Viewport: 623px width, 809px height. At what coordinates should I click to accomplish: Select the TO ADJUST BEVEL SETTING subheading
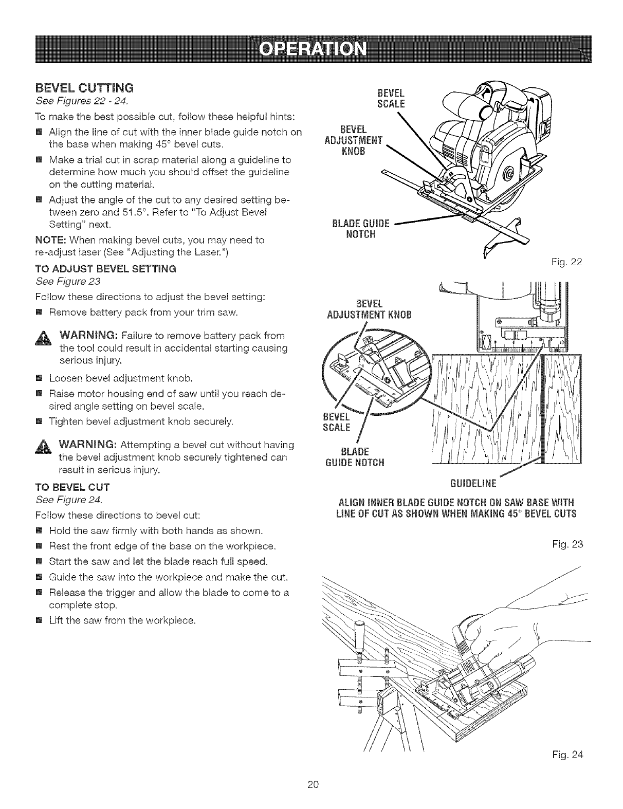click(x=105, y=268)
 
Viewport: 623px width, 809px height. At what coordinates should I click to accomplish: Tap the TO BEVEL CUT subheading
click(x=65, y=486)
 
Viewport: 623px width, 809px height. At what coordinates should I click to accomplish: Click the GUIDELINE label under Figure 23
click(x=472, y=483)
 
